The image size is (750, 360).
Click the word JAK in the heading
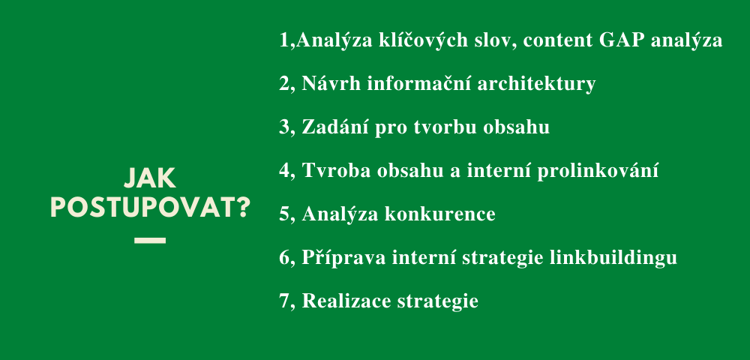[x=150, y=178]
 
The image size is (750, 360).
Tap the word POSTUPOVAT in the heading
[x=142, y=208]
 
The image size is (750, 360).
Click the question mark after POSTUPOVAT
[x=244, y=208]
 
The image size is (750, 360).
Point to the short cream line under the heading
[x=150, y=241]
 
